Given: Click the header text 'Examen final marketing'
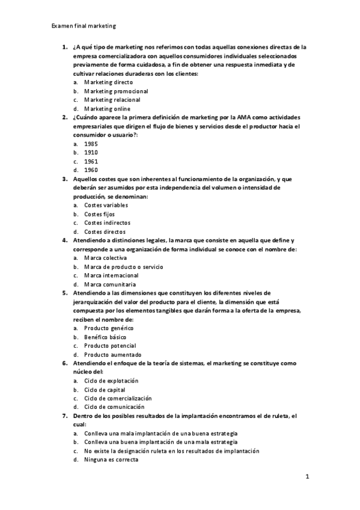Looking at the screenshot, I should pyautogui.click(x=84, y=26).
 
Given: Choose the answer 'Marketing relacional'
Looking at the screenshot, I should pyautogui.click(x=112, y=100).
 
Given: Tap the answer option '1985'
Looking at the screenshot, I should pyautogui.click(x=91, y=144).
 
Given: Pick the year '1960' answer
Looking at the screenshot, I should pyautogui.click(x=91, y=170).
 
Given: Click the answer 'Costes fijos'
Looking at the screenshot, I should pyautogui.click(x=99, y=214).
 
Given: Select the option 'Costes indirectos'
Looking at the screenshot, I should pyautogui.click(x=106, y=223).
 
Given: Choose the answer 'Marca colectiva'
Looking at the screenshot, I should pyautogui.click(x=105, y=257).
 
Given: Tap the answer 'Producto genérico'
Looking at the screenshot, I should pyautogui.click(x=109, y=328).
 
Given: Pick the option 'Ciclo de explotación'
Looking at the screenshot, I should pyautogui.click(x=111, y=381).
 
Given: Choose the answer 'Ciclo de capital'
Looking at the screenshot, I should pyautogui.click(x=105, y=390).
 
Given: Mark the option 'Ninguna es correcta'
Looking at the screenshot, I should pyautogui.click(x=111, y=459).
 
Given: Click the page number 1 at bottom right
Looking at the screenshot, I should pyautogui.click(x=307, y=477).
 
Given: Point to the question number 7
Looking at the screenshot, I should pyautogui.click(x=64, y=416).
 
